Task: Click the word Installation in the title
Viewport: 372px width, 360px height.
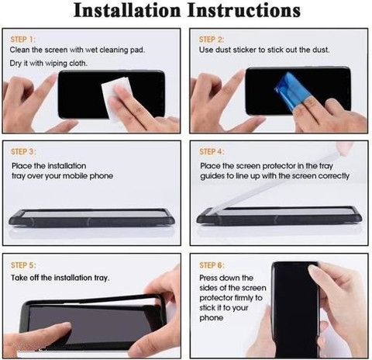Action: pos(127,11)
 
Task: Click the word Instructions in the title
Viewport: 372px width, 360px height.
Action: pos(244,11)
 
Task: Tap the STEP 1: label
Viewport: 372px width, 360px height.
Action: pos(22,40)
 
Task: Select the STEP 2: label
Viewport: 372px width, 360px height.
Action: pos(212,40)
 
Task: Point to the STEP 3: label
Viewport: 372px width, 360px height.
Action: pos(23,151)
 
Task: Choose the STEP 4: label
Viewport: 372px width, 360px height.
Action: pos(212,151)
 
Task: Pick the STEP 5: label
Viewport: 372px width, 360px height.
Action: pos(23,265)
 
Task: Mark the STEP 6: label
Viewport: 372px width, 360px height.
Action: pos(212,265)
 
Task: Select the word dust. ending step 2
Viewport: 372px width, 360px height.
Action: pos(321,50)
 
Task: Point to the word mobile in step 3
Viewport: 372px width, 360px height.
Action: pos(75,176)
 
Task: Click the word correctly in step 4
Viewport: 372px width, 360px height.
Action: pos(334,176)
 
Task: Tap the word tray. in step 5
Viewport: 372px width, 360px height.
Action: pos(102,278)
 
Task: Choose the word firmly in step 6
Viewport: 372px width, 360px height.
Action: pos(242,298)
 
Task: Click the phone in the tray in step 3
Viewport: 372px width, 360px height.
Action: pos(91,218)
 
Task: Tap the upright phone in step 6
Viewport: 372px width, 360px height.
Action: pos(295,309)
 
